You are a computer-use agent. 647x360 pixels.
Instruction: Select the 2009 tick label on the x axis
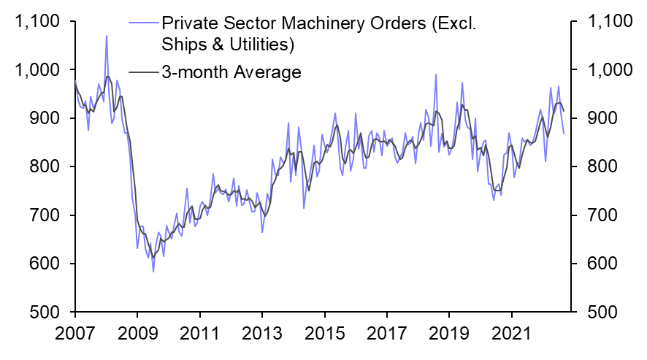[137, 339]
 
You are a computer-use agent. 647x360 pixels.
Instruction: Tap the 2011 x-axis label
[199, 339]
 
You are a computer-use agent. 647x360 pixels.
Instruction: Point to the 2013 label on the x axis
[262, 339]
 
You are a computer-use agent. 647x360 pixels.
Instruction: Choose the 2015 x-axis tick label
[325, 339]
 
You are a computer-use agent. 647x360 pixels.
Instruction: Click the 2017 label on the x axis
[388, 339]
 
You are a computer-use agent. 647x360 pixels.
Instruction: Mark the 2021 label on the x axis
[513, 339]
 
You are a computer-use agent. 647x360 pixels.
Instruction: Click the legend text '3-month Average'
[232, 72]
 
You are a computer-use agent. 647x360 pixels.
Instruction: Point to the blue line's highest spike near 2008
[107, 36]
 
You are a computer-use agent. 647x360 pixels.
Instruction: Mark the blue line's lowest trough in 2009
[153, 272]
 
